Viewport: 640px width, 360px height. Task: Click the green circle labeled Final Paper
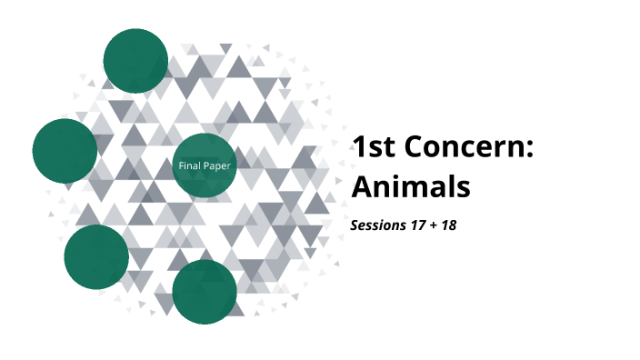point(205,165)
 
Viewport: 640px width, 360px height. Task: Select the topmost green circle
point(135,60)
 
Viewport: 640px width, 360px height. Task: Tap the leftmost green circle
point(65,151)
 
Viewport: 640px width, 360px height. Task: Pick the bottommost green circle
point(205,291)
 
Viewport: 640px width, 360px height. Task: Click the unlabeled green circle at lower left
point(96,256)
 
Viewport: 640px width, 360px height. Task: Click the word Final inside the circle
point(189,165)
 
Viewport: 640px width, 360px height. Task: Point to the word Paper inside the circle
point(216,165)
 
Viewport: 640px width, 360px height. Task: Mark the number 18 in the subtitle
point(449,224)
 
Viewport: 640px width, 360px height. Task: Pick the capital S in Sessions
point(355,224)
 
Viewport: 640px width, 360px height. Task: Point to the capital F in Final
point(181,165)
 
